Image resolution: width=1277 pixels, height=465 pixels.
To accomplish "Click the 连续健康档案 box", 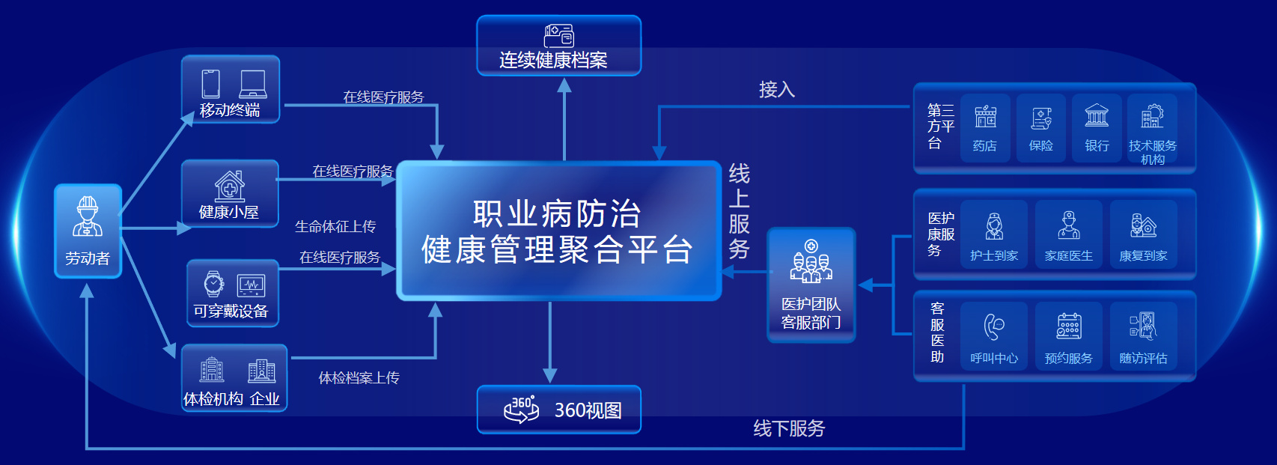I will (x=558, y=46).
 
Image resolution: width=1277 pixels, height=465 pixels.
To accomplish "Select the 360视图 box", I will (x=558, y=410).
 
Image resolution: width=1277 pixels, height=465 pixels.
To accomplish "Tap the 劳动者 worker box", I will (x=88, y=231).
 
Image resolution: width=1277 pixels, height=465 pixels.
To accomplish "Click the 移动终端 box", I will (x=231, y=90).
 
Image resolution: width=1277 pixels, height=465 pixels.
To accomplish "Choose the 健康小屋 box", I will (x=230, y=193).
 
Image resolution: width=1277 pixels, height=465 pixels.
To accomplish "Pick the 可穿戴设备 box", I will (x=232, y=294).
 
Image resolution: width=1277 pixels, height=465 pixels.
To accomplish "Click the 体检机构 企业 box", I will (x=234, y=378).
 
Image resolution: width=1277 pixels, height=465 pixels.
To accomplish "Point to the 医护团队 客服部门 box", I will (x=811, y=285).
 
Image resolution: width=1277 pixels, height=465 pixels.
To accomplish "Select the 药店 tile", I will (x=985, y=127).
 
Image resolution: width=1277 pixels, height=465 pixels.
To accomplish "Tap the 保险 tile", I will (x=1040, y=127).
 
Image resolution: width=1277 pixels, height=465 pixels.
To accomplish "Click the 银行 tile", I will (x=1097, y=127).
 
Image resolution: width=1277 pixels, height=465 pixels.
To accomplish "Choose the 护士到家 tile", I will (x=994, y=234).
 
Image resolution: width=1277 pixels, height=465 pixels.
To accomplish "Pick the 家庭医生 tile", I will (x=1068, y=234).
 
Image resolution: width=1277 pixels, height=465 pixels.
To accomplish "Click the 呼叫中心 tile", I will (x=994, y=336).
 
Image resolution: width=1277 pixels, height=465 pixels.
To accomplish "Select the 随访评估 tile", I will (x=1143, y=336).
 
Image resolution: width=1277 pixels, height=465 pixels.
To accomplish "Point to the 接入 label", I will (x=776, y=90).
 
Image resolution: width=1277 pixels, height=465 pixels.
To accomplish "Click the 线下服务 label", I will (x=789, y=428).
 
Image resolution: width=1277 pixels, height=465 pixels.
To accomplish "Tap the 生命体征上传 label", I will (x=335, y=226).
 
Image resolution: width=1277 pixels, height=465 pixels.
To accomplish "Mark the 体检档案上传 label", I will (x=359, y=378).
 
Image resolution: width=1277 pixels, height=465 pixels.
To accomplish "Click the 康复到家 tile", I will (x=1143, y=234).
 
